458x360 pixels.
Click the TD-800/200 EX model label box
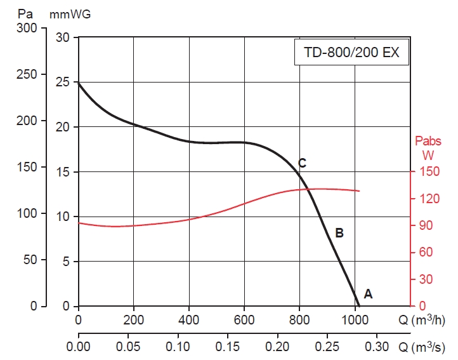pyautogui.click(x=351, y=53)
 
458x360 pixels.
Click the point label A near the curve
pyautogui.click(x=368, y=294)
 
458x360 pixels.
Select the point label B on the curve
pyautogui.click(x=339, y=233)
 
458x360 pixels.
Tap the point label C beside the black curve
pyautogui.click(x=303, y=164)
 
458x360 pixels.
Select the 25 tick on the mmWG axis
pyautogui.click(x=62, y=83)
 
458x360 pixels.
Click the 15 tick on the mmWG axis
pyautogui.click(x=62, y=172)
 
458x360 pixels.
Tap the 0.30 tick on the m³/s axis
pyautogui.click(x=377, y=347)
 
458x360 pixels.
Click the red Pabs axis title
pyautogui.click(x=428, y=141)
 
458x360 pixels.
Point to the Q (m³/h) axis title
pyautogui.click(x=427, y=318)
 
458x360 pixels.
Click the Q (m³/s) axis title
pyautogui.click(x=427, y=347)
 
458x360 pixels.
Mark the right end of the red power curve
pyautogui.click(x=360, y=191)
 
